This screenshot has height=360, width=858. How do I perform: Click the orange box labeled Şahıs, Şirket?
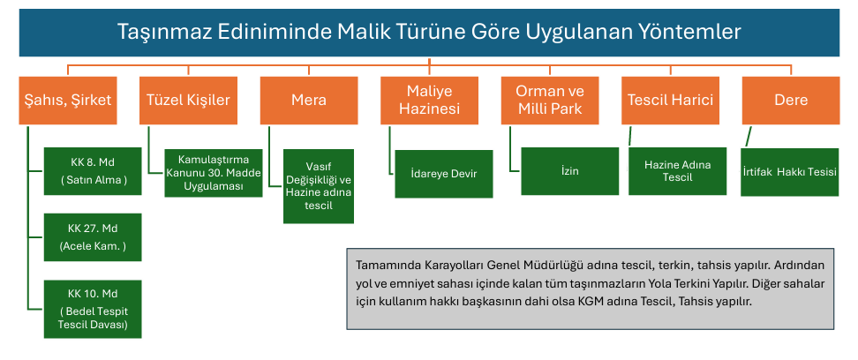click(x=68, y=100)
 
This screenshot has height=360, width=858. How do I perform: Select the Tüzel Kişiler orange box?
click(x=188, y=100)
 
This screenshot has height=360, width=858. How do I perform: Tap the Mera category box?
click(x=309, y=100)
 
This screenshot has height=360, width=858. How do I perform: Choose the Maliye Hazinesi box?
click(x=429, y=100)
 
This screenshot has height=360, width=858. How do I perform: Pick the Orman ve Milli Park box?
click(x=550, y=100)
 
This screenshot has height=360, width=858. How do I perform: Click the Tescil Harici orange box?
click(x=670, y=100)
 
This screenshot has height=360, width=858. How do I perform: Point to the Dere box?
click(x=791, y=100)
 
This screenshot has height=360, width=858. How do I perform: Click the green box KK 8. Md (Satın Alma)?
click(x=93, y=171)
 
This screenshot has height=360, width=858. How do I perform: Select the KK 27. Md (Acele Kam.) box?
click(x=93, y=236)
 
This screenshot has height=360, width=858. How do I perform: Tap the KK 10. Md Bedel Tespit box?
click(x=93, y=309)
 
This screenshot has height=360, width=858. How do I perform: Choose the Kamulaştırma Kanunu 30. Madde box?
click(x=214, y=173)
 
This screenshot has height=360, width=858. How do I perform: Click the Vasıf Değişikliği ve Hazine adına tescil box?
click(x=319, y=186)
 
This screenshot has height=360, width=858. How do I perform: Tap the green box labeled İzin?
click(x=569, y=171)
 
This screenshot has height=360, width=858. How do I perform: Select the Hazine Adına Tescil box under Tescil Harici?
click(x=677, y=171)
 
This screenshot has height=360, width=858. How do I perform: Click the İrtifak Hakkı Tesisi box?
click(x=790, y=172)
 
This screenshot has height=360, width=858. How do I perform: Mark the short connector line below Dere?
click(x=749, y=136)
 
